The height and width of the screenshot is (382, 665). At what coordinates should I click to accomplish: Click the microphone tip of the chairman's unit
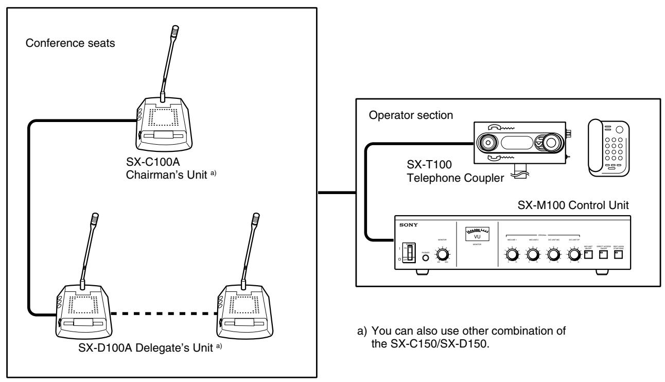174,29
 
